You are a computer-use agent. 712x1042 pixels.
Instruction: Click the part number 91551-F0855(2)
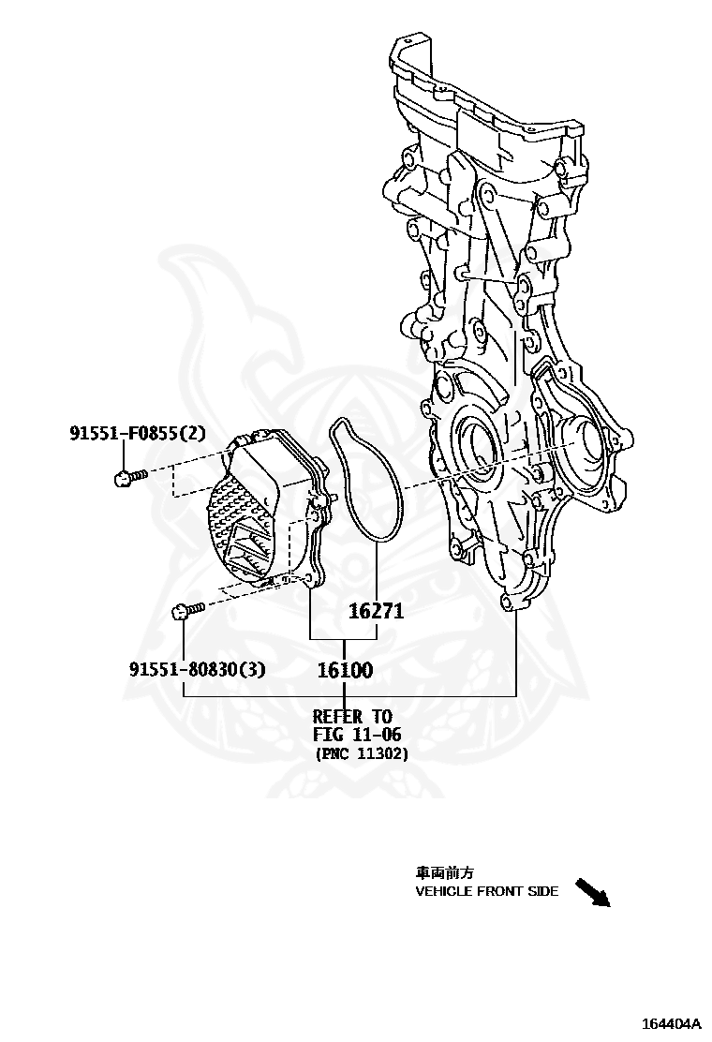[137, 433]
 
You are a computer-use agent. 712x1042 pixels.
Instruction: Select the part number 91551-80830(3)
[197, 669]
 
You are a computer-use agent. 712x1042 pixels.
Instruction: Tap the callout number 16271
[376, 612]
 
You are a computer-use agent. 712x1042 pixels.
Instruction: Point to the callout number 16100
[345, 670]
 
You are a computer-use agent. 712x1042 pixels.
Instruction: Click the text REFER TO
[352, 717]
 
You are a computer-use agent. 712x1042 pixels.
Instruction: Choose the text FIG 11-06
[356, 735]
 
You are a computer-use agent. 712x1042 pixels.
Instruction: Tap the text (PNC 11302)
[362, 753]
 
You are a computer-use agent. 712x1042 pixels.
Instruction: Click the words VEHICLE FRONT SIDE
[487, 891]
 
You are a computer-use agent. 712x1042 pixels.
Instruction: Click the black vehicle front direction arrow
[592, 892]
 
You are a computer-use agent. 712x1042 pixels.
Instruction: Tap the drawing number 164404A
[671, 1022]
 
